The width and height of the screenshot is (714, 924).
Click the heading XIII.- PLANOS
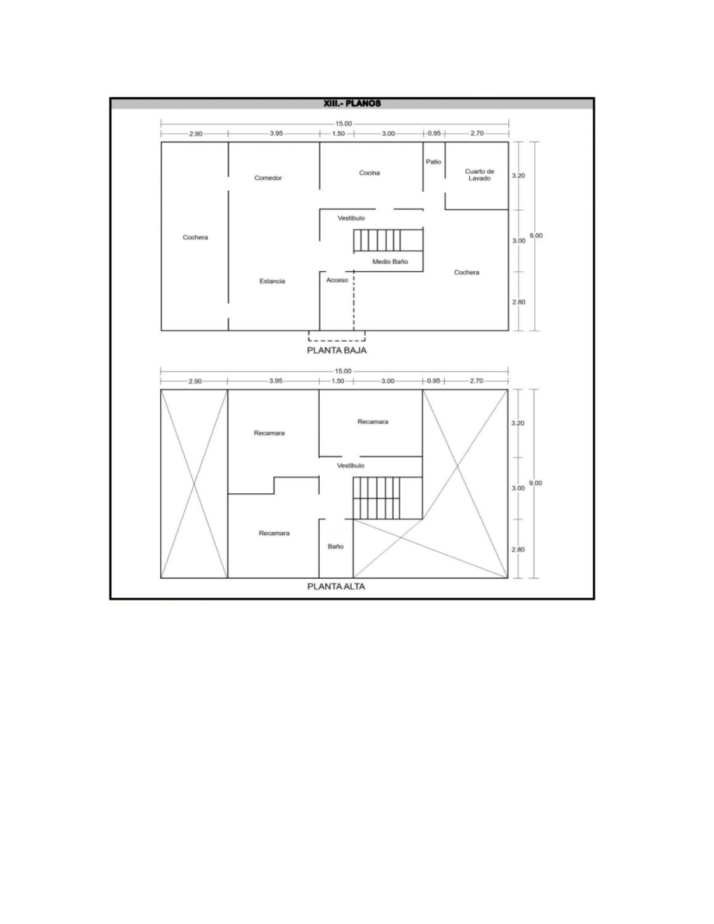tap(352, 103)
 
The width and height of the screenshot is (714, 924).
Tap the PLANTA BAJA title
tap(337, 351)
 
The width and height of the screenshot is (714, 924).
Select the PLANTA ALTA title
tap(336, 586)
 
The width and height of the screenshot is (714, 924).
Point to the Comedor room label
tap(268, 178)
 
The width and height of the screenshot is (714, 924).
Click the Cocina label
tap(369, 172)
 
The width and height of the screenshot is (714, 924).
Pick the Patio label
tap(433, 161)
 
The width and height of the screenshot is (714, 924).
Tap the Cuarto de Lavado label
tap(479, 175)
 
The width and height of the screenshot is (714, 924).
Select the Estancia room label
tap(272, 281)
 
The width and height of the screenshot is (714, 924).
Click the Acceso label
tap(337, 280)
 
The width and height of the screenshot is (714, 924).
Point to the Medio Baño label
tap(390, 262)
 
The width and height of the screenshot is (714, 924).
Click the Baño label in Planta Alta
tap(336, 546)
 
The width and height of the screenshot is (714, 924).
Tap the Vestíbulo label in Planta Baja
tap(351, 218)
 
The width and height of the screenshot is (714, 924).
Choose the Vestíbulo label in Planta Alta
tap(351, 466)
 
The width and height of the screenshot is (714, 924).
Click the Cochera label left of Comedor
tap(195, 237)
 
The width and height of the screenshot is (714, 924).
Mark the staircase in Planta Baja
tap(388, 241)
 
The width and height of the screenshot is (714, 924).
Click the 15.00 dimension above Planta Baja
tap(344, 124)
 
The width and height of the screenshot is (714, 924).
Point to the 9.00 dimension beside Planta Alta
tap(535, 483)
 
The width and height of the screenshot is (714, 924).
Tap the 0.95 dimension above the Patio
tap(434, 133)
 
